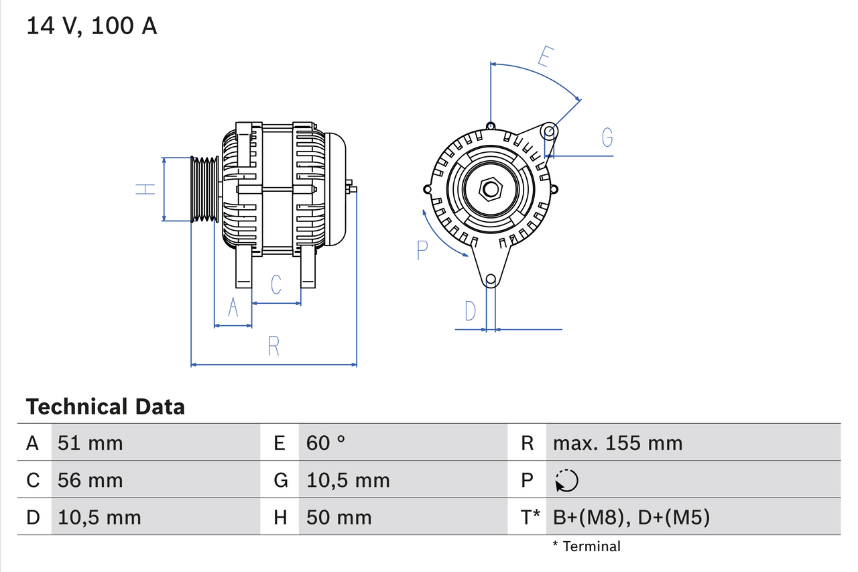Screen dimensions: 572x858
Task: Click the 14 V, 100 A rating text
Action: coord(91,26)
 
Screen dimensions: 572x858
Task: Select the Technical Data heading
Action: coord(105,406)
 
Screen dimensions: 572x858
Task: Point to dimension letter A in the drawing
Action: coord(233,307)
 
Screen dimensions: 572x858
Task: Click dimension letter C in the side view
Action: coord(275,285)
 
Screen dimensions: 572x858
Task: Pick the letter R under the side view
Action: coord(273,347)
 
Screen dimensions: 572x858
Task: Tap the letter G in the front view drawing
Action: coord(607,137)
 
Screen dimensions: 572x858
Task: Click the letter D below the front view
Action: coord(471,311)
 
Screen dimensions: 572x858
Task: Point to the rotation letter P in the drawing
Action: coord(422,250)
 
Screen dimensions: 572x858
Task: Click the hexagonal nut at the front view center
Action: coord(491,189)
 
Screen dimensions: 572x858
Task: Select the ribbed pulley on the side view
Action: coord(205,189)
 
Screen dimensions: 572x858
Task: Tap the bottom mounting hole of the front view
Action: coord(491,279)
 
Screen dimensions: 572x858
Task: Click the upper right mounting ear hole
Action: coord(549,131)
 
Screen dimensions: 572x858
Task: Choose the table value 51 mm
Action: coord(90,443)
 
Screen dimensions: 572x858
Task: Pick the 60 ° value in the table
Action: coord(326,443)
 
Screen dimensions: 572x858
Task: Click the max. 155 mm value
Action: coord(617,443)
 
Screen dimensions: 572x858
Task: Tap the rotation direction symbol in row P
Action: coord(566,481)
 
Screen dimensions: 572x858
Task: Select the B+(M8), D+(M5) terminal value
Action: coord(631,517)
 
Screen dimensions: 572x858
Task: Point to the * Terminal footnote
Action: coord(587,547)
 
